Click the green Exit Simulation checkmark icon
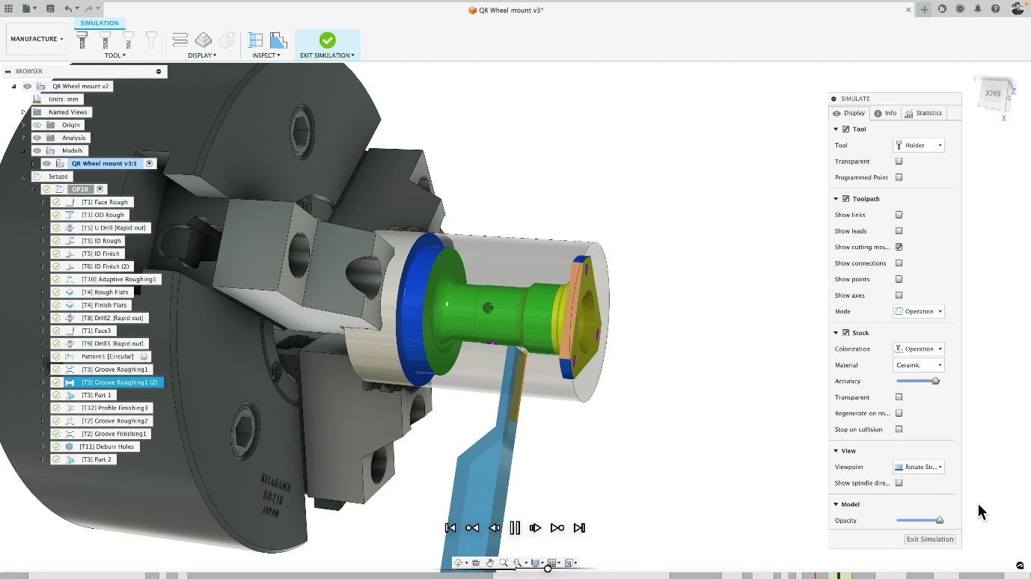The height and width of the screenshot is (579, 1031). click(x=327, y=40)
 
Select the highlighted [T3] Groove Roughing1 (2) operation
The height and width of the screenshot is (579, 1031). click(x=120, y=382)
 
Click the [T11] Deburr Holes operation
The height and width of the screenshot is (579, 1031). click(x=107, y=447)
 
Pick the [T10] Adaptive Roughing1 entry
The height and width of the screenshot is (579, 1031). click(x=118, y=279)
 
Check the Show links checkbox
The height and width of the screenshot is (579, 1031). click(x=899, y=215)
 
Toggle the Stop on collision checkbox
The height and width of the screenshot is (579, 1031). click(x=899, y=429)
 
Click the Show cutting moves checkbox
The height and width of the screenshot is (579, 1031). click(x=899, y=247)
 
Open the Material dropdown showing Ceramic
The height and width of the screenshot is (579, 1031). click(x=918, y=365)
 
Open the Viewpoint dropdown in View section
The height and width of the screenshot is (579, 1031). click(x=918, y=467)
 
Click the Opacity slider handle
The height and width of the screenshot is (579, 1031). click(x=939, y=521)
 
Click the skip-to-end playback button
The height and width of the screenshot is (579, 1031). click(x=579, y=528)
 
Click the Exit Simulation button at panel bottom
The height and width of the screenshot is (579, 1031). click(x=929, y=539)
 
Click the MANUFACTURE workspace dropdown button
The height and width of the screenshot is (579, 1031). click(x=37, y=39)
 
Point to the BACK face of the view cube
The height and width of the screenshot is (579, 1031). click(x=993, y=94)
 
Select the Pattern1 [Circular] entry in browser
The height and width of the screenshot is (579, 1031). click(x=107, y=357)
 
